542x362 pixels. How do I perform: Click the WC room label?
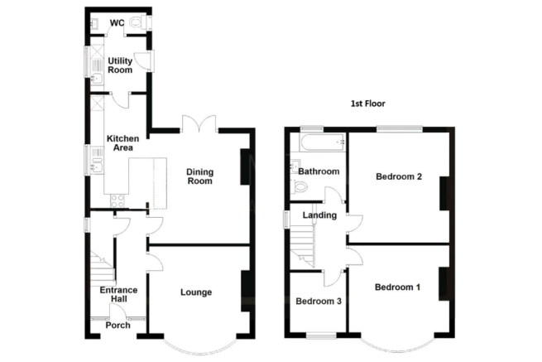[118, 23]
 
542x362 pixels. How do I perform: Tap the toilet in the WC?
[140, 22]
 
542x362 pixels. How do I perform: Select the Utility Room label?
[120, 65]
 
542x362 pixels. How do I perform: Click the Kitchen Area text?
[122, 143]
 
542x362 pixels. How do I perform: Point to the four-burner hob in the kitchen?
[118, 200]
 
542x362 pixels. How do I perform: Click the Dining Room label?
[199, 176]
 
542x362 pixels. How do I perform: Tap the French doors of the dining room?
[199, 123]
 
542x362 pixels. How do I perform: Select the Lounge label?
[196, 292]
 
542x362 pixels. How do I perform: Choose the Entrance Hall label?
[118, 295]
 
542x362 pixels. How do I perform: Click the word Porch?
[118, 326]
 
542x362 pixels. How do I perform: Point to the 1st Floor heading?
[367, 104]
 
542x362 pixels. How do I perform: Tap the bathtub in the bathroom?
[322, 142]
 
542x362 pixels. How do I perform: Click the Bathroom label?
[319, 171]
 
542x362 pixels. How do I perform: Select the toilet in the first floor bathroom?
[300, 187]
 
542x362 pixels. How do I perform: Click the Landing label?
[319, 215]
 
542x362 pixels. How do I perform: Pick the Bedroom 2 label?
[399, 176]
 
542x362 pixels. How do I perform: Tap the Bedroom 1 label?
[397, 287]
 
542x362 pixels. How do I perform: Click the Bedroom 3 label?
[319, 301]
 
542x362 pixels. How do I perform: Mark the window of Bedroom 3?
[321, 335]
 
